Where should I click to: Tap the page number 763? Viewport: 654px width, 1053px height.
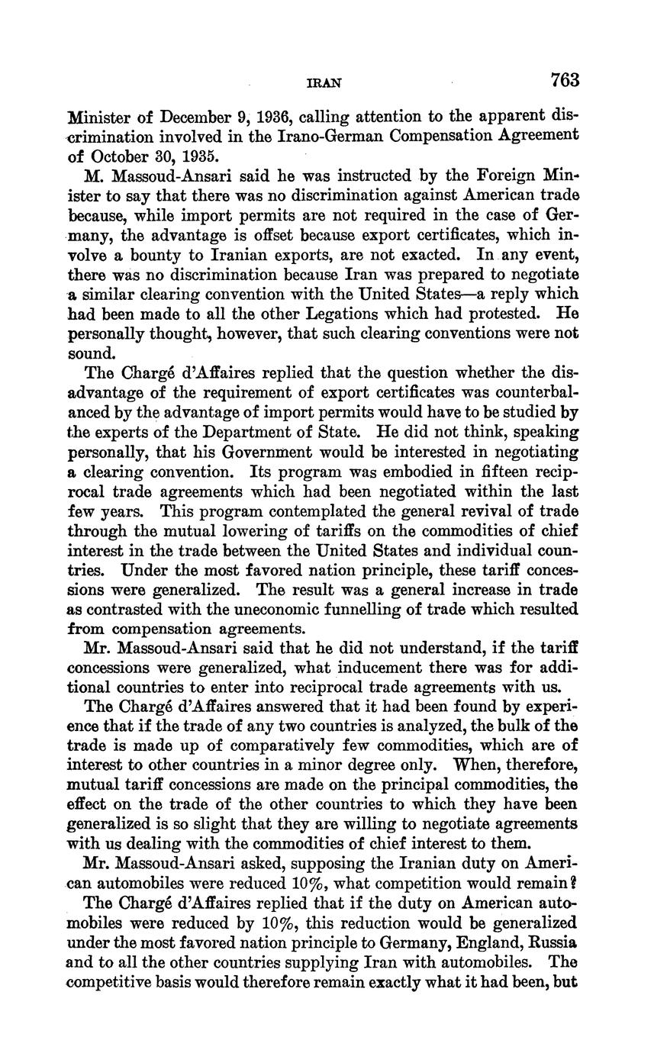(x=564, y=80)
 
